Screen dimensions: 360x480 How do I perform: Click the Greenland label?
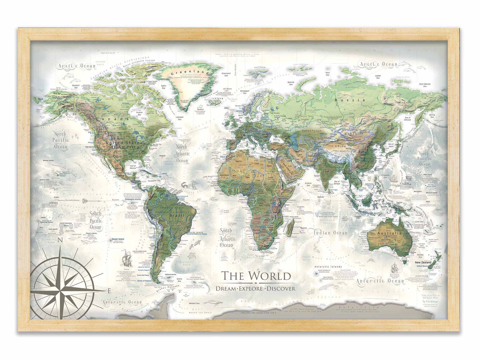181,73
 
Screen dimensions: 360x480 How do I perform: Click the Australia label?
389,233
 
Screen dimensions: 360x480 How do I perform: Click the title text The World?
256,275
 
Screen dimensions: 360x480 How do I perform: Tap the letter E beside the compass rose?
109,290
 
